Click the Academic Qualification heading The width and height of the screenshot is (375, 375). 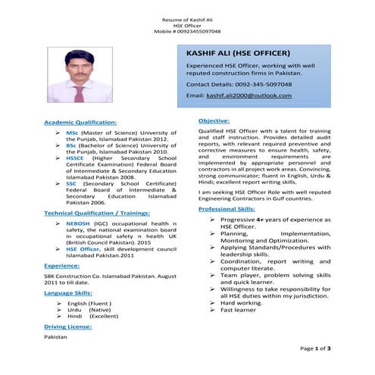[80, 121]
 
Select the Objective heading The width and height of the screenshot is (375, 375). [214, 120]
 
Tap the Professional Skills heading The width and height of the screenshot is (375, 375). [227, 208]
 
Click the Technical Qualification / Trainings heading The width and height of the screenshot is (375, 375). [96, 214]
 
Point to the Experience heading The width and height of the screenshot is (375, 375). [62, 266]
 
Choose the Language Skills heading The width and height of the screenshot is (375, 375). [68, 292]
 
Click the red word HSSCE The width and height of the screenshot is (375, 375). [77, 158]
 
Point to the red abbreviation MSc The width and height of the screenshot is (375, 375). [72, 133]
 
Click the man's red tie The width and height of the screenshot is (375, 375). [79, 92]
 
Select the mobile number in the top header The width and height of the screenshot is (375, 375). [187, 32]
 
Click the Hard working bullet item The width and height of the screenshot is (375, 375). [242, 302]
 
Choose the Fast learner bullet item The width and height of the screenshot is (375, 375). [239, 310]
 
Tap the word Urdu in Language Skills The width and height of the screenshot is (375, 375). [74, 310]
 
